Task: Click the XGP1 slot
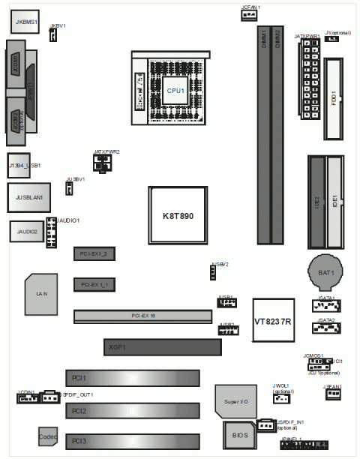(x=162, y=347)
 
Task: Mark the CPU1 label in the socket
(x=175, y=90)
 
